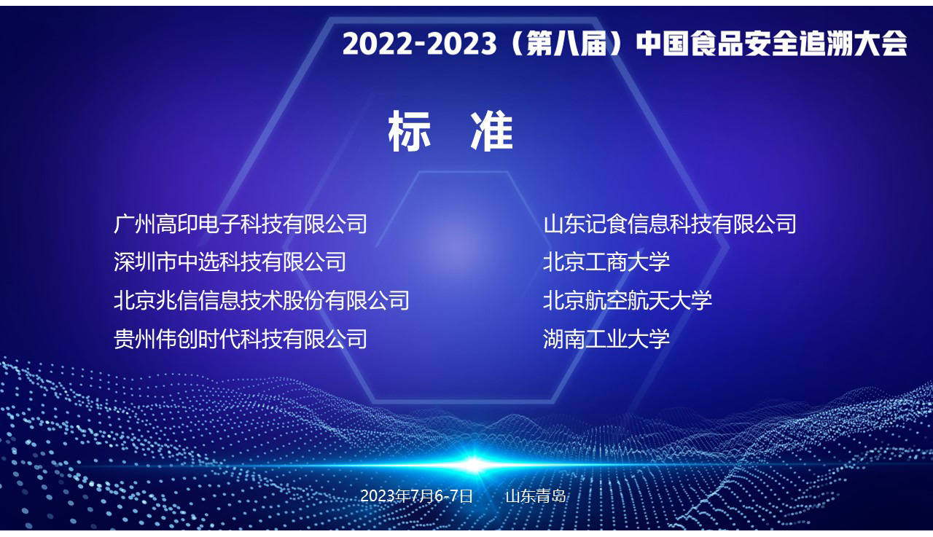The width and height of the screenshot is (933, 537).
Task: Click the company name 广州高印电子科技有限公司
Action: (241, 224)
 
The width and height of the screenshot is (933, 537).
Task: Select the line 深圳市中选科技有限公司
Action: (230, 262)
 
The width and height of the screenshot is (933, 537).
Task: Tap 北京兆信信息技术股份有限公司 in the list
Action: (262, 300)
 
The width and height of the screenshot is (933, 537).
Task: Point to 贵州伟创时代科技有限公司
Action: (241, 339)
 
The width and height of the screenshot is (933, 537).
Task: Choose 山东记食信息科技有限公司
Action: (670, 224)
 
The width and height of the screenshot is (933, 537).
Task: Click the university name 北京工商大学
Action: (606, 262)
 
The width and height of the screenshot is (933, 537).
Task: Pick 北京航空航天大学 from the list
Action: (628, 300)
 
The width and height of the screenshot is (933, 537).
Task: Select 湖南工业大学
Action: (606, 339)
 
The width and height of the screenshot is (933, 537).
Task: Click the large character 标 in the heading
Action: (409, 131)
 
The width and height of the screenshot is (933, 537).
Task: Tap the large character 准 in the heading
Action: (492, 131)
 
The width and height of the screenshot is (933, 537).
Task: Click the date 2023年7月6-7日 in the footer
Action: (416, 495)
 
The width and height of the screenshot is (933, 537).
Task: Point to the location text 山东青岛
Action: (536, 495)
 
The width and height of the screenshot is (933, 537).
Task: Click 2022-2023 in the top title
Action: (419, 44)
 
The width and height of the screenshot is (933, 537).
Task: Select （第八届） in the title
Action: (566, 44)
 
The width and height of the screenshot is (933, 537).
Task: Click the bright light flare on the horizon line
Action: (474, 465)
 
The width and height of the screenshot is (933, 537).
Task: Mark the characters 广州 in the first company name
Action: (135, 224)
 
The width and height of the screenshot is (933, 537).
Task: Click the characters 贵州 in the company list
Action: (135, 339)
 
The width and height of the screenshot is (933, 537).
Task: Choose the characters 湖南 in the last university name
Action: (564, 339)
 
